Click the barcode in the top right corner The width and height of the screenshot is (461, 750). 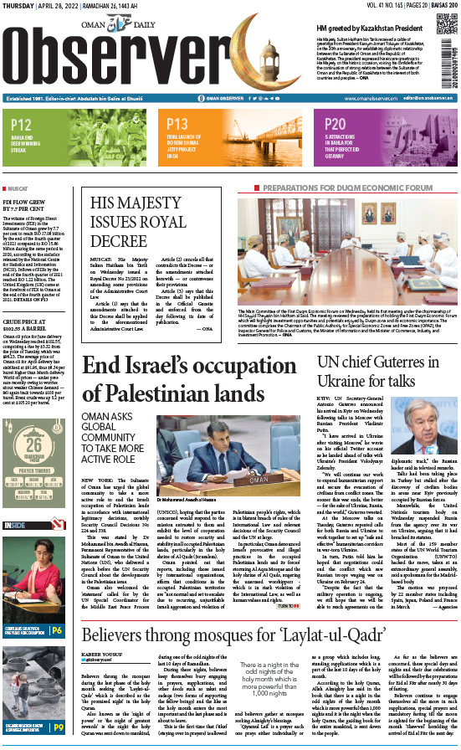(x=453, y=59)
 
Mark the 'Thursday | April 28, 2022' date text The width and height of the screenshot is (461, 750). (x=34, y=5)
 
